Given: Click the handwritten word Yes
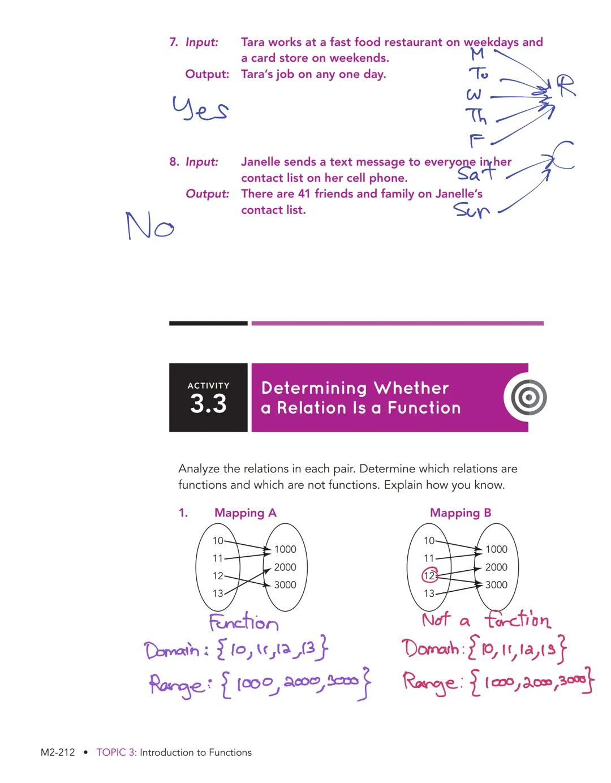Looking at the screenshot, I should coord(200,109).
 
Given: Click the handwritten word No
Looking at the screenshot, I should coord(150,226).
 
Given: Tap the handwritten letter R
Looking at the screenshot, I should coord(564,86).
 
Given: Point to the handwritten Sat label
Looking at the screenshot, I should coord(476,171).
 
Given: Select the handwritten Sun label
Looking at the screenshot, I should coord(471,210).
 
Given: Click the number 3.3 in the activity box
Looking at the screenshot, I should coord(208,404).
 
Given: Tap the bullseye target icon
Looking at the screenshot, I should coord(528,398).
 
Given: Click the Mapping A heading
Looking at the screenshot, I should coord(245,513).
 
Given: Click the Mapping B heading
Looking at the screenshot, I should coord(461,513).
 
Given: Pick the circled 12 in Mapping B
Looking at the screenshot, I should coord(430,576).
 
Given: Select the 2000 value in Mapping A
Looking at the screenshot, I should coord(285,567).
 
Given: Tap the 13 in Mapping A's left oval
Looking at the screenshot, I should coord(218,593).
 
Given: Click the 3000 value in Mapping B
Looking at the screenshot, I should coord(496,585).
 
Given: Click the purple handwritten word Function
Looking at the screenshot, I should coord(244,623).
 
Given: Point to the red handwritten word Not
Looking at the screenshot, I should coord(436,620).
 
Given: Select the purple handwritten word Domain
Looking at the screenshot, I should coord(173,650).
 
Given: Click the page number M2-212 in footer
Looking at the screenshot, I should coord(58,752).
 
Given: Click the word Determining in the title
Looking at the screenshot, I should coord(313,388).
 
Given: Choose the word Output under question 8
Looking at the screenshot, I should coord(207,194).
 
